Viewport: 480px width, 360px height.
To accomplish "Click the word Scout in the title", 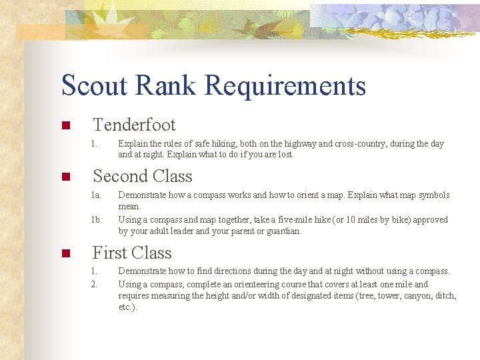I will (93, 85).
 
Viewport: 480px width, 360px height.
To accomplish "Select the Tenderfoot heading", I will (134, 125).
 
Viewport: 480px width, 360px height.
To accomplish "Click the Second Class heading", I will (143, 176).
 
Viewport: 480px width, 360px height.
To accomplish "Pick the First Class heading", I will (132, 253).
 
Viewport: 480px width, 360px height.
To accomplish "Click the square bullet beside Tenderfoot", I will (65, 126).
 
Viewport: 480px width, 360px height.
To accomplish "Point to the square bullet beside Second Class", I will (65, 177).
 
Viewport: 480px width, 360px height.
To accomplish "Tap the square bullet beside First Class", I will (65, 254).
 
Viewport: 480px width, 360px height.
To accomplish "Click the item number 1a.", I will (97, 195).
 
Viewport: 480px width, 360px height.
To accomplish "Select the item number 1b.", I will (97, 219).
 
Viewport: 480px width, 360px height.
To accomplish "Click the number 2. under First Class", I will (95, 284).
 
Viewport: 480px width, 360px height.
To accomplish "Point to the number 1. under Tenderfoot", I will (95, 143).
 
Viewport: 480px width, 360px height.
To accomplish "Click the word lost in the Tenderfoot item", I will (284, 155).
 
